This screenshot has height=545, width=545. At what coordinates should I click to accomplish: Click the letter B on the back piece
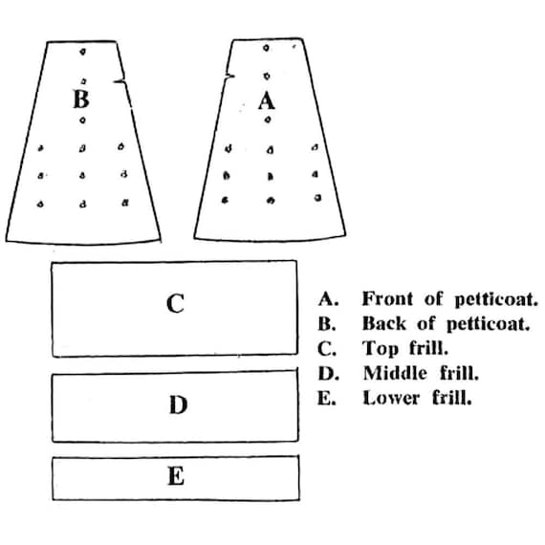click(81, 99)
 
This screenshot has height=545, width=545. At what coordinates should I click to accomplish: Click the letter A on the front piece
click(267, 100)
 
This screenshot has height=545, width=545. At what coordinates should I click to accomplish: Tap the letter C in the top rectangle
click(175, 303)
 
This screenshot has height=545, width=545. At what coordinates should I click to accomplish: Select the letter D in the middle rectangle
click(178, 404)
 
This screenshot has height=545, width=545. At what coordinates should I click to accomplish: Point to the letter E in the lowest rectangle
click(176, 476)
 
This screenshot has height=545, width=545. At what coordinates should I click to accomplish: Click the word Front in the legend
click(387, 299)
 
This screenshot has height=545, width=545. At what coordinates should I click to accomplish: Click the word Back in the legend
click(384, 323)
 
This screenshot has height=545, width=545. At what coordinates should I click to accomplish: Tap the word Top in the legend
click(381, 348)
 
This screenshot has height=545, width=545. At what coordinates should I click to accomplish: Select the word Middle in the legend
click(395, 373)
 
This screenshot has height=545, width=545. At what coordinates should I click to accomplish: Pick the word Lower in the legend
click(391, 399)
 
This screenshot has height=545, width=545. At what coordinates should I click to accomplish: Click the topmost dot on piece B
click(82, 52)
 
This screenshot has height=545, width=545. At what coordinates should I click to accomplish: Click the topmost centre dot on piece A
click(266, 48)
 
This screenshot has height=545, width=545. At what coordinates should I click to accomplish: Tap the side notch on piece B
click(120, 81)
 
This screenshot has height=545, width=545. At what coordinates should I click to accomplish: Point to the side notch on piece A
click(229, 76)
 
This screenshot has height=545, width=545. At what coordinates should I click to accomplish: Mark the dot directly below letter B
click(82, 120)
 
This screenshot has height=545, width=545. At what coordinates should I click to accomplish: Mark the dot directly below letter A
click(268, 120)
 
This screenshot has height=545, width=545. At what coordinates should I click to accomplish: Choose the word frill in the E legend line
click(452, 399)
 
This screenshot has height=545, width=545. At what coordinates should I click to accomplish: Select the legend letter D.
click(328, 373)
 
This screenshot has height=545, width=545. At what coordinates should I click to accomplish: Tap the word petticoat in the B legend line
click(488, 324)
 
